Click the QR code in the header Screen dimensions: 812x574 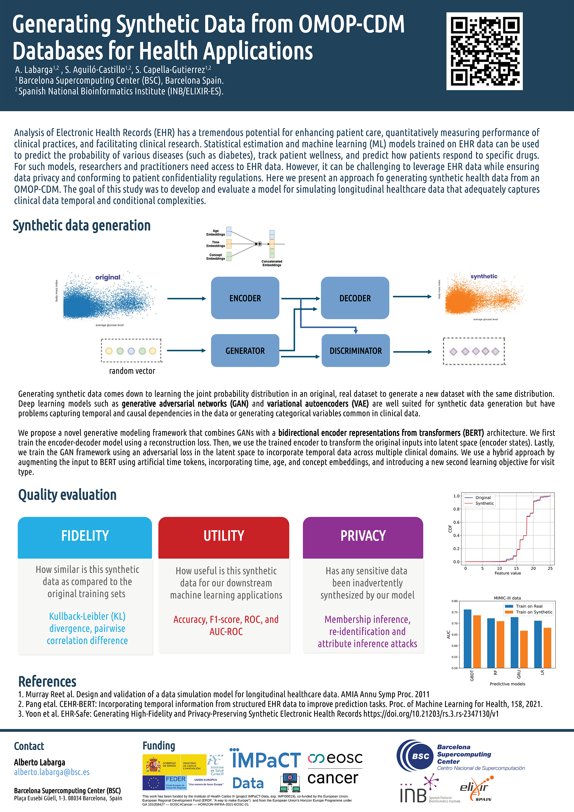coord(484,51)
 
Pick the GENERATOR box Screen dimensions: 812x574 coord(245,350)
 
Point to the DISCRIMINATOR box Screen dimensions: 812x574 coord(356,350)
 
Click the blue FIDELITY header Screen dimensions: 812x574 coord(85,536)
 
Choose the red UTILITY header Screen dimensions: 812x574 coord(224,536)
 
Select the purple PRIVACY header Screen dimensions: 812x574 coord(363,536)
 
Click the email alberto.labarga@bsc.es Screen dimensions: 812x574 coord(52,772)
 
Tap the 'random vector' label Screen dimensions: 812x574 coord(132,371)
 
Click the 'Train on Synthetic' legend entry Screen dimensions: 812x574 coord(534,612)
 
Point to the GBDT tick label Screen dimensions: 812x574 coord(472,675)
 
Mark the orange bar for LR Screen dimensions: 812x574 coord(547,648)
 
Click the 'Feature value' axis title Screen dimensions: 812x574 coord(508,573)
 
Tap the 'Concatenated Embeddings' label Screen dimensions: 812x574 coord(272,263)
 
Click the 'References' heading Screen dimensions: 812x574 coord(47,681)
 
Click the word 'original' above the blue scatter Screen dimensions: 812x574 coord(108,277)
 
